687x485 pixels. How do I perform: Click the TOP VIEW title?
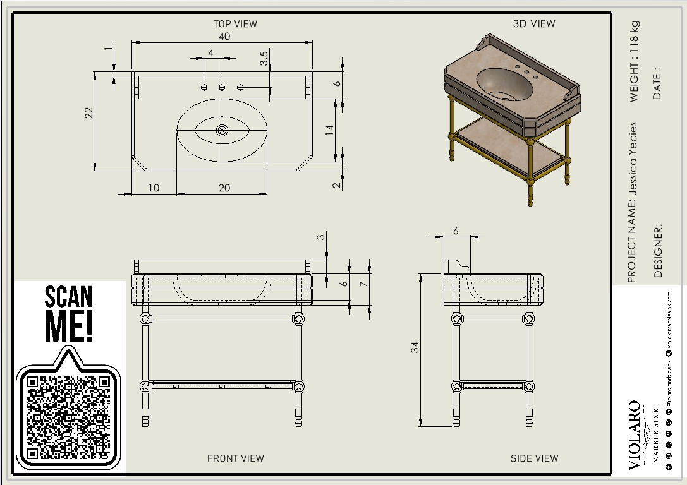(235, 24)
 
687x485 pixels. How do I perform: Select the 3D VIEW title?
(533, 24)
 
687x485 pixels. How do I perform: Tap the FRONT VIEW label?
(235, 458)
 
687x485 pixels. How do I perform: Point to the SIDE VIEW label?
(534, 458)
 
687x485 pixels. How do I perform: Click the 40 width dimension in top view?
(224, 37)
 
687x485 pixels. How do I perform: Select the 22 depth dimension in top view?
(89, 112)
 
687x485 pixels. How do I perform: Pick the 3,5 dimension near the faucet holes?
(264, 59)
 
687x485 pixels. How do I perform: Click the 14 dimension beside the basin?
(329, 130)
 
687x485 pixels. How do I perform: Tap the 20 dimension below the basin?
(224, 188)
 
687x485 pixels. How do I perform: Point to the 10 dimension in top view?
(154, 188)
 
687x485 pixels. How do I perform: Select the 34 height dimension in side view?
(415, 347)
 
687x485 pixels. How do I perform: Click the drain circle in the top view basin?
(222, 130)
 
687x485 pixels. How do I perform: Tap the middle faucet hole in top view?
(222, 87)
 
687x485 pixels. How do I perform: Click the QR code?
(68, 417)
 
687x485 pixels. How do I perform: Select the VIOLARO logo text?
(634, 435)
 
